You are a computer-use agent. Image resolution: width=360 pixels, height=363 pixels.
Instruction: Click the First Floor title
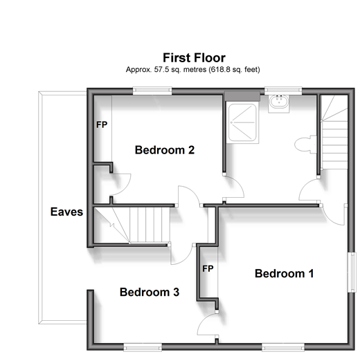point(194,57)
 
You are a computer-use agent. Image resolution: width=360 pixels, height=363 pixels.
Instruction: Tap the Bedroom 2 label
point(165,150)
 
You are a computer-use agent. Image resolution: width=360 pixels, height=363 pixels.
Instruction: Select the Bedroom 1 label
point(285,273)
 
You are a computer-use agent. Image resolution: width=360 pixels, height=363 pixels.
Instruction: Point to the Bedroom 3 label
point(150,292)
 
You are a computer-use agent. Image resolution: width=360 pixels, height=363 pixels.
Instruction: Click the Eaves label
point(66,212)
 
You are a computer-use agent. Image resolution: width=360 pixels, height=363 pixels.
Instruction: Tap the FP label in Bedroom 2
point(102,124)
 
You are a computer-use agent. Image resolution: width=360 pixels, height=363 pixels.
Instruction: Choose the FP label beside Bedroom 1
point(208,268)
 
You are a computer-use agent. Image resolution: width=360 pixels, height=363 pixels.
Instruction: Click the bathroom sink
point(279,104)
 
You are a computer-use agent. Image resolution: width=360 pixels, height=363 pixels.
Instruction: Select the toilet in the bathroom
point(305,145)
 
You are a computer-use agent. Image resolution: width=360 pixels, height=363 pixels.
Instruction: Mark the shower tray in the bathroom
point(242,122)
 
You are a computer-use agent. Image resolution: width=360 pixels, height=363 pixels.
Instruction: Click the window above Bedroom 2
point(152,91)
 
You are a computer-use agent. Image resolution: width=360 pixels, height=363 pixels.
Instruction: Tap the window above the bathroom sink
point(283,91)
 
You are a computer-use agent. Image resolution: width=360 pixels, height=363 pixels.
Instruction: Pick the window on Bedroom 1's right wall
point(352,272)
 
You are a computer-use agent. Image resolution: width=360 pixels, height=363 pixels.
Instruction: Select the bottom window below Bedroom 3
point(143,347)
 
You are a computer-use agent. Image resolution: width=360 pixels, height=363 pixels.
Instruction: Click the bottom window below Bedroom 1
point(283,347)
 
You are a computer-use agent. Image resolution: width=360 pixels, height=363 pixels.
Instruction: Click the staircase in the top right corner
point(335,132)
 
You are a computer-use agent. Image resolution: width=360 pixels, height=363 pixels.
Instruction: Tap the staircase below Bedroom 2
point(132,225)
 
